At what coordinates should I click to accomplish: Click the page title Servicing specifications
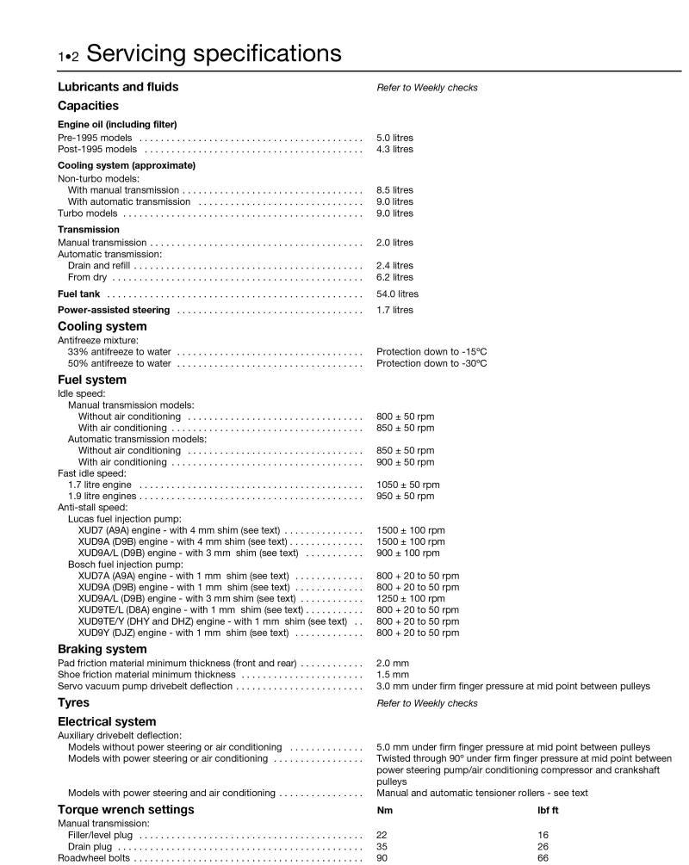[x=214, y=54]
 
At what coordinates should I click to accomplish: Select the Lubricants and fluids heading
[x=118, y=87]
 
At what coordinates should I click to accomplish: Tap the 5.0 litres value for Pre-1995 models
[x=394, y=138]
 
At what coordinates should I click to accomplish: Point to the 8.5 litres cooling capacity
[x=394, y=190]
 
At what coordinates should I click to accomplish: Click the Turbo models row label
[x=89, y=213]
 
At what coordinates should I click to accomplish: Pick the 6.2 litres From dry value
[x=394, y=277]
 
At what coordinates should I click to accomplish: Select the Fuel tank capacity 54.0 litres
[x=397, y=293]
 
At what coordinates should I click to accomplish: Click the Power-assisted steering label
[x=114, y=310]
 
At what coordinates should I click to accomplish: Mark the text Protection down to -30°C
[x=431, y=363]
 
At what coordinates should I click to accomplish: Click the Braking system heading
[x=102, y=649]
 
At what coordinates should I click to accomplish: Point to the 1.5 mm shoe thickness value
[x=392, y=675]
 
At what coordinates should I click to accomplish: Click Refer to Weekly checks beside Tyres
[x=426, y=703]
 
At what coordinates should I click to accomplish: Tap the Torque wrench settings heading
[x=126, y=810]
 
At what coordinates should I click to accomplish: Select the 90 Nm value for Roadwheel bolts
[x=382, y=858]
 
